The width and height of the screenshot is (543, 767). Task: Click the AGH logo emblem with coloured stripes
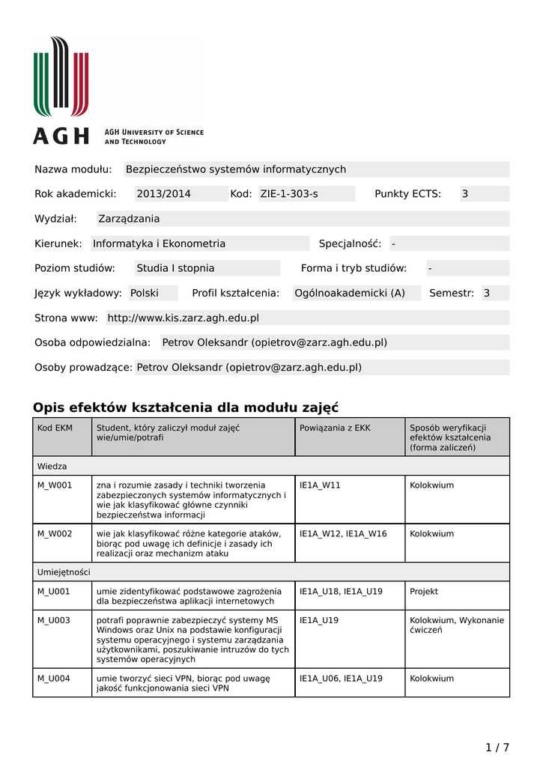(x=61, y=76)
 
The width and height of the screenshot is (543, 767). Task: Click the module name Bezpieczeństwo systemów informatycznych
(x=236, y=169)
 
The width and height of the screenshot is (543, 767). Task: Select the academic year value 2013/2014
(x=163, y=194)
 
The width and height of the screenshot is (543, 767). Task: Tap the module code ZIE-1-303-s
(x=289, y=194)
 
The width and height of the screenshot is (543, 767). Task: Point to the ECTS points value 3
(x=464, y=194)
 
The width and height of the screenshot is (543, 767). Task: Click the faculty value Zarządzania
(x=130, y=219)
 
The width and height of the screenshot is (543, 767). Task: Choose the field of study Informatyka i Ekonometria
(x=159, y=243)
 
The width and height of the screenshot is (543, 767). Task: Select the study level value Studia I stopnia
(x=175, y=268)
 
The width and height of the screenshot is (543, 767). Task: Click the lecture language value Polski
(x=145, y=293)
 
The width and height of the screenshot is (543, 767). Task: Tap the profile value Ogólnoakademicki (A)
(x=350, y=293)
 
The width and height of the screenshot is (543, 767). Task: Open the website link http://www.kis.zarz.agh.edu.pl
(x=183, y=318)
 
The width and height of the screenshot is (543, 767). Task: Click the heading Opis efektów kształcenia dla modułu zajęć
(x=186, y=407)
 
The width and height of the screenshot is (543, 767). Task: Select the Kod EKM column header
(x=55, y=428)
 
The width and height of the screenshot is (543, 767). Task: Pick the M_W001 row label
(x=55, y=485)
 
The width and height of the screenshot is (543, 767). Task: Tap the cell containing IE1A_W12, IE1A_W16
(x=343, y=534)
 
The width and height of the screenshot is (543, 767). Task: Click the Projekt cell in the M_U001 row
(x=424, y=592)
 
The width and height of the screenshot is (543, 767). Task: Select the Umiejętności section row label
(x=64, y=572)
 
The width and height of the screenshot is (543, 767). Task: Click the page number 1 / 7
(x=497, y=748)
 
